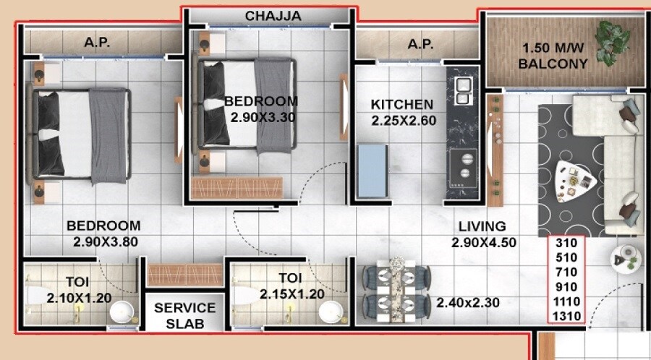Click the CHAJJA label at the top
(273, 15)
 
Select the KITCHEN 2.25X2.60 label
(403, 112)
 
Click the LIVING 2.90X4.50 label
(483, 234)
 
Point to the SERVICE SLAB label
(184, 315)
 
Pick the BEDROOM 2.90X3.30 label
(260, 108)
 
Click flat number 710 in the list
(565, 272)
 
